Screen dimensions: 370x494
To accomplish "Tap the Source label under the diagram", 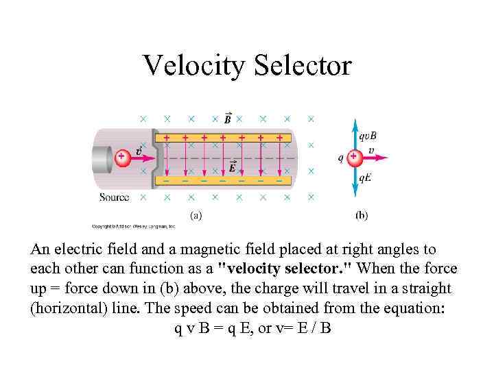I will pyautogui.click(x=114, y=197).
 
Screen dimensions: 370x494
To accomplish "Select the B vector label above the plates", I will pyautogui.click(x=228, y=119).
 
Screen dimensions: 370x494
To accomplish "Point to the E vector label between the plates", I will pyautogui.click(x=233, y=166).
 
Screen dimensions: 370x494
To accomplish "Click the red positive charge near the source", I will pyautogui.click(x=121, y=157).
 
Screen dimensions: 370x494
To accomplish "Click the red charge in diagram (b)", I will pyautogui.click(x=354, y=157).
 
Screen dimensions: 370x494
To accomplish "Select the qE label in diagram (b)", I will pyautogui.click(x=365, y=177).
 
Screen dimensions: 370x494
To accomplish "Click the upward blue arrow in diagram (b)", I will pyautogui.click(x=354, y=134).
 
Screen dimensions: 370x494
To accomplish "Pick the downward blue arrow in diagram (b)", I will pyautogui.click(x=354, y=180).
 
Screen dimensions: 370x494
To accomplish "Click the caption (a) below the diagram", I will pyautogui.click(x=196, y=214).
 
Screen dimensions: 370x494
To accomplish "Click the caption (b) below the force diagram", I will pyautogui.click(x=362, y=214).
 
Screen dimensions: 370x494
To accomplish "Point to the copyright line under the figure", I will pyautogui.click(x=134, y=225).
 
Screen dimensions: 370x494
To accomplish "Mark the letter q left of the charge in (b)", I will pyautogui.click(x=341, y=158).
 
